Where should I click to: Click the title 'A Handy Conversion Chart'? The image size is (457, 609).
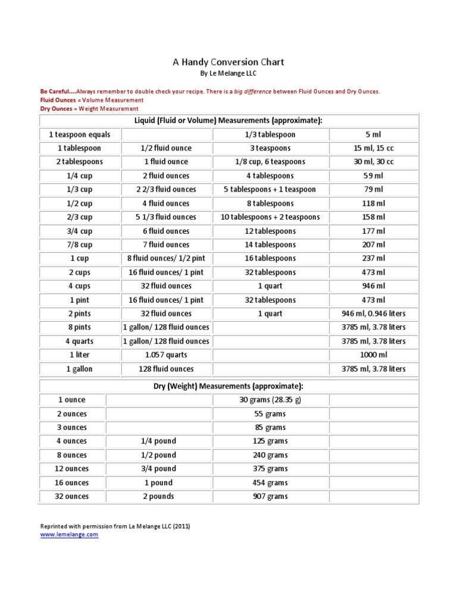pos(228,62)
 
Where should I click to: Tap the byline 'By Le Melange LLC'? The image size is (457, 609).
pos(228,74)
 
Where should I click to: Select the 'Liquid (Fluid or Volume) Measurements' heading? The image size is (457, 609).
pos(228,121)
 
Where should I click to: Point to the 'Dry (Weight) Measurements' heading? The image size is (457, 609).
pos(228,386)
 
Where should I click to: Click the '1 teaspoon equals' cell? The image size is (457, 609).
pos(80,134)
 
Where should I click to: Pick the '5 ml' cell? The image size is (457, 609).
pos(374,134)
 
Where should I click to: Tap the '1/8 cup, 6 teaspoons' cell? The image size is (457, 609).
pos(270,162)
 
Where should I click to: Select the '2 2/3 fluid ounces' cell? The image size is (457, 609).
pos(166,190)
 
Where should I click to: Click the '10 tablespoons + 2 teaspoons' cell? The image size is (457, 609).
pos(270,217)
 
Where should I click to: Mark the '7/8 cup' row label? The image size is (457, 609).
pos(80,244)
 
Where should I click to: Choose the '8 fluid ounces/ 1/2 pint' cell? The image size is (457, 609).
pos(166,259)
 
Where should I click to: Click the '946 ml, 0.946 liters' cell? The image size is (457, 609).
pos(374,313)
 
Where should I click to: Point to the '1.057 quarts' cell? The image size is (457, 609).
pos(166,355)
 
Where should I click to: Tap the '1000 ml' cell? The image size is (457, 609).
pos(374,355)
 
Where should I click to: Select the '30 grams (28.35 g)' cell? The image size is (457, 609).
pos(270,400)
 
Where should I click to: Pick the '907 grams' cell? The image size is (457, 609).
pos(270,496)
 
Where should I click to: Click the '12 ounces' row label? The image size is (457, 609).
pos(72,469)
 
